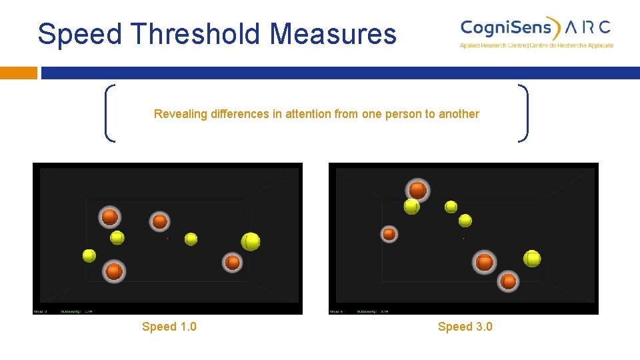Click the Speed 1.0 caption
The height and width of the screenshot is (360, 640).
pyautogui.click(x=169, y=327)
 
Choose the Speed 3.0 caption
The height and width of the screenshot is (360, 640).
pyautogui.click(x=465, y=327)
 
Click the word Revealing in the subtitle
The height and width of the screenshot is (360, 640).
pyautogui.click(x=181, y=114)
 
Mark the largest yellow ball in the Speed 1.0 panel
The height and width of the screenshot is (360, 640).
pyautogui.click(x=251, y=241)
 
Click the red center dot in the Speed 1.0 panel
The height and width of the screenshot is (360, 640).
pyautogui.click(x=167, y=238)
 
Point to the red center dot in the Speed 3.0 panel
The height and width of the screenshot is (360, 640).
pyautogui.click(x=463, y=238)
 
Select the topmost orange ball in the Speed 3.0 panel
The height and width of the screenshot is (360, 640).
pyautogui.click(x=418, y=191)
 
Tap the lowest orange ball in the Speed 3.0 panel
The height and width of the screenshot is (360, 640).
pyautogui.click(x=509, y=281)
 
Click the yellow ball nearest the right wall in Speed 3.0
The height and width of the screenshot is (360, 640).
pyautogui.click(x=532, y=258)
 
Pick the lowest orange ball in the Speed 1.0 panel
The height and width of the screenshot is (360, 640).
pyautogui.click(x=114, y=271)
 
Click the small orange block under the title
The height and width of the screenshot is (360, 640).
pyautogui.click(x=19, y=73)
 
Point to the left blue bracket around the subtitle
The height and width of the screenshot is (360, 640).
pyautogui.click(x=109, y=113)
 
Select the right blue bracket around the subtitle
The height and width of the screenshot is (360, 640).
pyautogui.click(x=525, y=113)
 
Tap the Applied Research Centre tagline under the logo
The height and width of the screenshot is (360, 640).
pyautogui.click(x=536, y=45)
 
